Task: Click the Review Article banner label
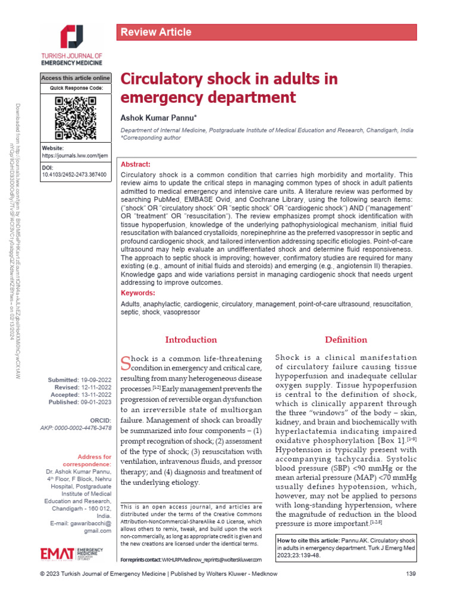pos(156,32)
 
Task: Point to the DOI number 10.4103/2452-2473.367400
pos(74,175)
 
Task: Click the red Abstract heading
pos(136,164)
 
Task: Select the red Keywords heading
pos(138,293)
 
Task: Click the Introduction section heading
pos(191,340)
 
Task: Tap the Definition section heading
pos(346,340)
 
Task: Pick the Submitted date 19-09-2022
pos(96,379)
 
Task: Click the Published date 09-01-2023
pos(96,402)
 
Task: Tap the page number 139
pos(410,591)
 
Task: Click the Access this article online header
pos(75,79)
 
